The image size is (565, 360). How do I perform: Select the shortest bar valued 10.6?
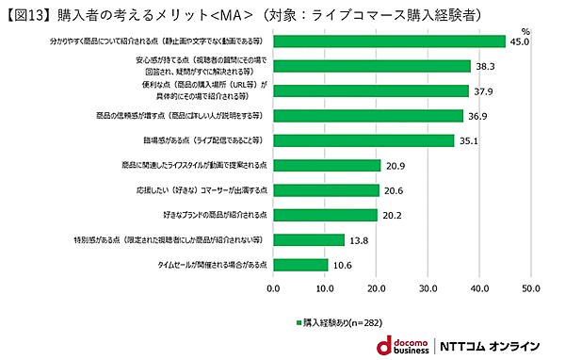[x=300, y=265]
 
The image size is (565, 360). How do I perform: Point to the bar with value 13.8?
[x=309, y=239]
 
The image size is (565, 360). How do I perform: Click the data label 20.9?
[x=395, y=166]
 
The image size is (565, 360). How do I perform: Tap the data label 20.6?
[x=394, y=190]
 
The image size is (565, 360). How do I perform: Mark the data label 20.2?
[x=393, y=215]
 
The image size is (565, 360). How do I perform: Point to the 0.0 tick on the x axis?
[x=273, y=288]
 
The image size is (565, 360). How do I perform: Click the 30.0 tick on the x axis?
[x=428, y=288]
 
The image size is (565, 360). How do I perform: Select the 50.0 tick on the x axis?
[x=530, y=288]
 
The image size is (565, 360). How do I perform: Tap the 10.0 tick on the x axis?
[x=325, y=288]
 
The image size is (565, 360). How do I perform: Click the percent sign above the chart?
[x=526, y=31]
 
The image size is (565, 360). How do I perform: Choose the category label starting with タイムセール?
[x=215, y=265]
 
